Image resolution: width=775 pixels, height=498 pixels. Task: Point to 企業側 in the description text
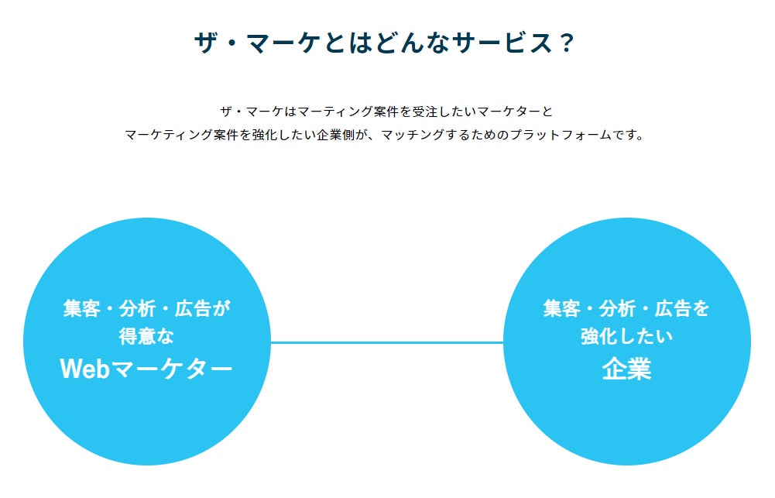(335, 135)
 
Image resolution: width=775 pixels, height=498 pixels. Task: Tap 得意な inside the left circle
(147, 337)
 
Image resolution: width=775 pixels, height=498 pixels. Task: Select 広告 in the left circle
(194, 309)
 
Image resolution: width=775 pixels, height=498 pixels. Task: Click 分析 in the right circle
(617, 309)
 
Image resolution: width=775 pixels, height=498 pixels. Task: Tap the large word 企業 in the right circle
(626, 369)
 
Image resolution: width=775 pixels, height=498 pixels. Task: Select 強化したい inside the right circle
(626, 337)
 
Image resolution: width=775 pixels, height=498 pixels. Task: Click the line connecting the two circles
(387, 342)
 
